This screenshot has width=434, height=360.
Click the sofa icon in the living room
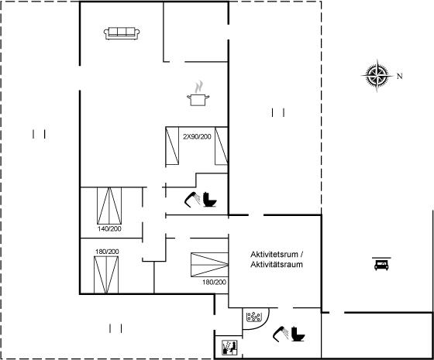pyautogui.click(x=122, y=33)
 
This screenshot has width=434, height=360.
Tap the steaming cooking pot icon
pyautogui.click(x=198, y=94)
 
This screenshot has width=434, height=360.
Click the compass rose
pyautogui.click(x=377, y=75)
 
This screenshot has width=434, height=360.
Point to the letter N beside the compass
pyautogui.click(x=399, y=76)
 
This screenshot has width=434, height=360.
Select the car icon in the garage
pyautogui.click(x=381, y=264)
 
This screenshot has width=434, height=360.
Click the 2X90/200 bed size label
pyautogui.click(x=197, y=136)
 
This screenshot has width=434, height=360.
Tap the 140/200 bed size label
pyautogui.click(x=109, y=228)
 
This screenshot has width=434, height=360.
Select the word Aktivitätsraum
pyautogui.click(x=277, y=264)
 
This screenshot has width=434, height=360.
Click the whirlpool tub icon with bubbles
pyautogui.click(x=254, y=317)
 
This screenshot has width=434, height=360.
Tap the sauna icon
pyautogui.click(x=230, y=348)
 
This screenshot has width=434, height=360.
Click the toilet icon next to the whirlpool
pyautogui.click(x=298, y=334)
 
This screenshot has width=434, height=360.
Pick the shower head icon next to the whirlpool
pyautogui.click(x=281, y=334)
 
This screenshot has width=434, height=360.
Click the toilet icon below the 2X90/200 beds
pyautogui.click(x=210, y=200)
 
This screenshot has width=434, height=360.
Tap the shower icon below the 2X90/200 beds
pyautogui.click(x=192, y=200)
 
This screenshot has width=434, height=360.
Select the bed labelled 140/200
pyautogui.click(x=109, y=206)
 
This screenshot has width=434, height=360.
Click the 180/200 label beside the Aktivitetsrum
pyautogui.click(x=214, y=282)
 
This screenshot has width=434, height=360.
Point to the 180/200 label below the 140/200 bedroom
pyautogui.click(x=107, y=252)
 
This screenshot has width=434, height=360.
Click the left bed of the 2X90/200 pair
pyautogui.click(x=172, y=146)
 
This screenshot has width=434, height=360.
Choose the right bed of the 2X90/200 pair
pyautogui.click(x=222, y=146)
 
